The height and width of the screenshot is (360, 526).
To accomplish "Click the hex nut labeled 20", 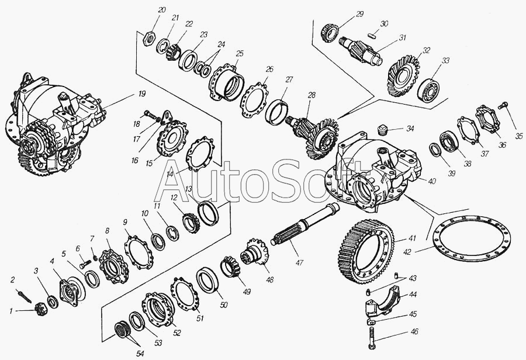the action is coord(148,39).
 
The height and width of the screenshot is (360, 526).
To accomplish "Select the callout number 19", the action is coord(142,94).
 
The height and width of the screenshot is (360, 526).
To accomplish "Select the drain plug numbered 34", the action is coord(382,129).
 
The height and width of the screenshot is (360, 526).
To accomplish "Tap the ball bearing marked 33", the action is coord(430,89).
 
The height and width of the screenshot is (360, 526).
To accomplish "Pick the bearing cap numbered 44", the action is coord(382,302).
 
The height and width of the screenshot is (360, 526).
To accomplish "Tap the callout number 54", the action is coord(140,354).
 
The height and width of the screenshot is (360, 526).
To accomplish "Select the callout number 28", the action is coord(312,95).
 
